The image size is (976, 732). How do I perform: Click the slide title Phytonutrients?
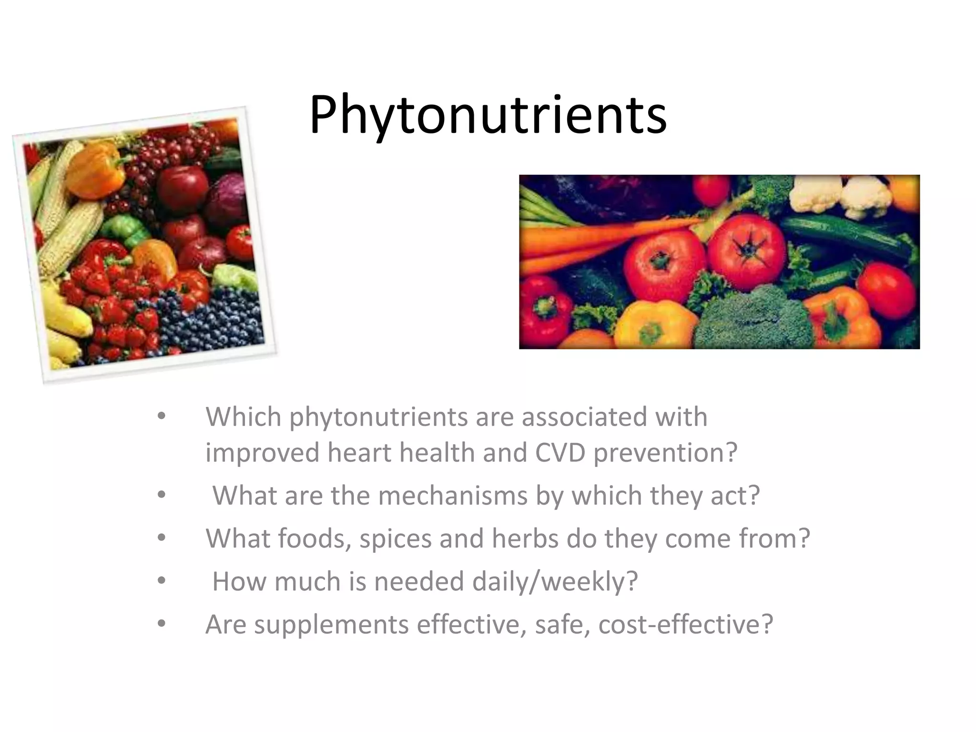[488, 116]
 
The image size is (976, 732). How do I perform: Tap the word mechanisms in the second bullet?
[453, 496]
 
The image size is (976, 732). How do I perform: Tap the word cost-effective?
[685, 624]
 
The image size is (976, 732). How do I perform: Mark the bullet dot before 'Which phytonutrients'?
[162, 416]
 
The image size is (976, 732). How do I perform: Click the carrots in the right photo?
[586, 238]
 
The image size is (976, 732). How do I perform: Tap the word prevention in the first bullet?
[665, 453]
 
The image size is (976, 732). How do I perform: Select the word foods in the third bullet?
[314, 539]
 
